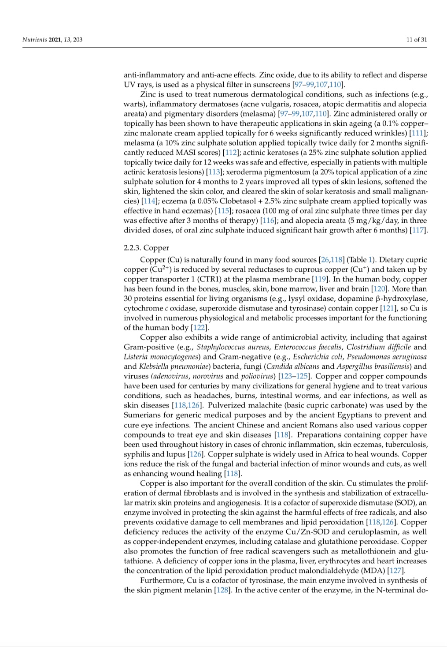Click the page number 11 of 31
[417, 40]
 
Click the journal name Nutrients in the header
[35, 40]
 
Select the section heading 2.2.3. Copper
[146, 248]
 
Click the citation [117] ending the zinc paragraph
[418, 230]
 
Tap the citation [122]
[199, 328]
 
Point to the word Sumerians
[141, 415]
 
